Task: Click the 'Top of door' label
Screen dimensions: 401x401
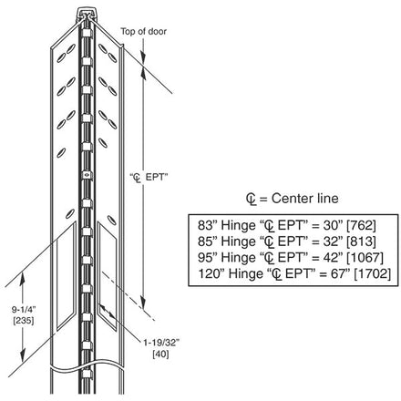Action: point(143,31)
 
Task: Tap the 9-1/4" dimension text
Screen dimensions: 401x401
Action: point(24,310)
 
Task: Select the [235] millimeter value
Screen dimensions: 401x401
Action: point(24,321)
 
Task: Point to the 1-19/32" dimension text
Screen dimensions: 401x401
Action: point(161,343)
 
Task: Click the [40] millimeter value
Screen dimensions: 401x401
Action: point(160,354)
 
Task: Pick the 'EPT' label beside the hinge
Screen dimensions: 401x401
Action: point(157,177)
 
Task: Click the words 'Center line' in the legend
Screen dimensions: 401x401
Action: point(304,199)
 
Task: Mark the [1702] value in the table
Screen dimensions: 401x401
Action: point(373,273)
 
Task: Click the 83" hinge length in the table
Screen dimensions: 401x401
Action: point(208,225)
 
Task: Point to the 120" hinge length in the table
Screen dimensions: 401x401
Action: point(211,273)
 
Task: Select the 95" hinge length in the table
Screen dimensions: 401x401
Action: point(208,258)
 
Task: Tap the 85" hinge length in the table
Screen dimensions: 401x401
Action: point(208,242)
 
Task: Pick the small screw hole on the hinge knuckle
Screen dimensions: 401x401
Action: point(87,175)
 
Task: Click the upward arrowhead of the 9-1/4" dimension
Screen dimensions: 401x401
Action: point(22,279)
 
